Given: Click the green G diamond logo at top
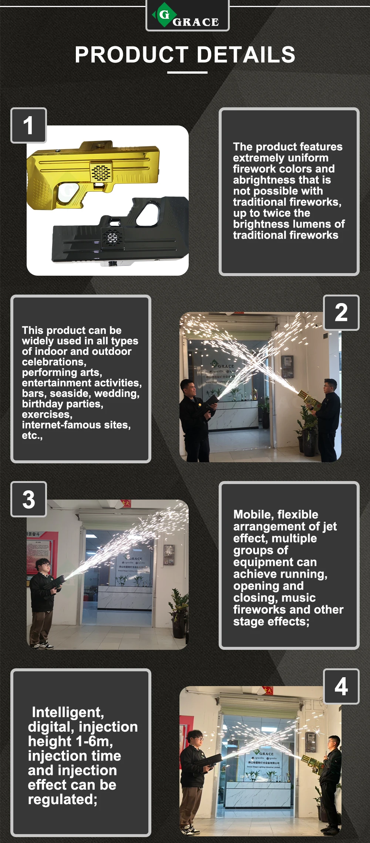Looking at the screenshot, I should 164,15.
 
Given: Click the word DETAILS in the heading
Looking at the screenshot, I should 246,55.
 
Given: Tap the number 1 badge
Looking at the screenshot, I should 28,125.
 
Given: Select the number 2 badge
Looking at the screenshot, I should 341,313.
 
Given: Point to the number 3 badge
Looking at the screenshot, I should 28,499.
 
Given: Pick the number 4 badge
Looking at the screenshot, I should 341,687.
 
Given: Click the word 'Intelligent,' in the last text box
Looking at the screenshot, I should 68,712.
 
